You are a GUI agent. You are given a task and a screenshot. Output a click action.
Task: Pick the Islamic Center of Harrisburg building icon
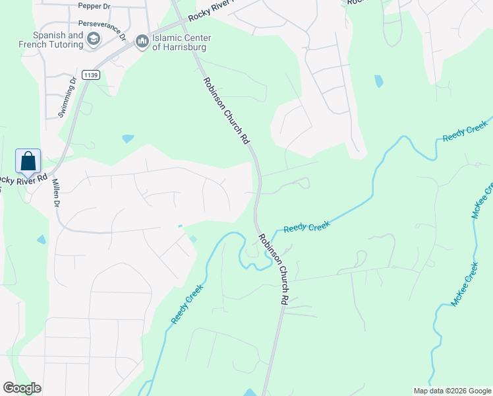point(142,42)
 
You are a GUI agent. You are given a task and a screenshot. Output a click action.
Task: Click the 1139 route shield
point(91,76)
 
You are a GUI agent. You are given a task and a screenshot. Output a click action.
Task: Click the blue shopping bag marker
point(28,162)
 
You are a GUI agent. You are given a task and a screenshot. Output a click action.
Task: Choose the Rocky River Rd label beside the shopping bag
point(23,179)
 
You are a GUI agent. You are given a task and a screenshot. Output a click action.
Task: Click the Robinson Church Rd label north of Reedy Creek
point(226,111)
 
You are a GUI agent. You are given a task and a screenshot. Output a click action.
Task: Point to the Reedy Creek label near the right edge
point(465,130)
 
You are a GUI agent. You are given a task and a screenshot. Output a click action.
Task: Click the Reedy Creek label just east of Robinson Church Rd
point(306,227)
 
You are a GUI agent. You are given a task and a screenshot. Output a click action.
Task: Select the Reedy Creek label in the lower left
point(187,303)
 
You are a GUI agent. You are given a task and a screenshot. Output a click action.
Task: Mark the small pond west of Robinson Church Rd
point(128,139)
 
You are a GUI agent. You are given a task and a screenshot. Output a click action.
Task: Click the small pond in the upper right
point(378,81)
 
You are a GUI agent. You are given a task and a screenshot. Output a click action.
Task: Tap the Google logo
point(22,388)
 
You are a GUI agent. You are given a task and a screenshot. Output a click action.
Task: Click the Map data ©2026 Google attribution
point(451,391)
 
